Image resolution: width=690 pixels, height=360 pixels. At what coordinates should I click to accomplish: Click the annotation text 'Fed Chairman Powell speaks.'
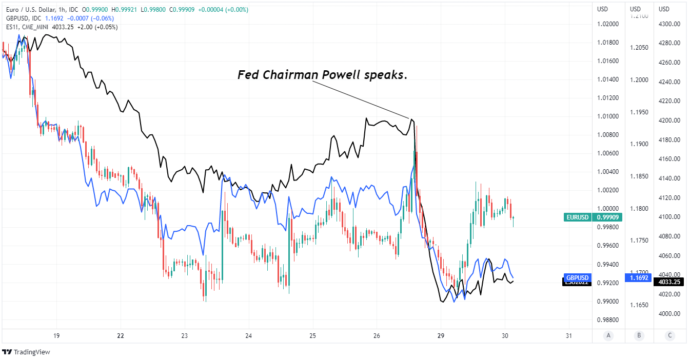322,75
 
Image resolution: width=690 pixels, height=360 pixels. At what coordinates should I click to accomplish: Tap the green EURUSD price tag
578,217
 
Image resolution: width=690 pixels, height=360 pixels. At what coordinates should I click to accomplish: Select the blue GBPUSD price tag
578,277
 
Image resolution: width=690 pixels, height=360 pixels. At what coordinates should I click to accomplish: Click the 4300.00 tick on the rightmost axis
669,24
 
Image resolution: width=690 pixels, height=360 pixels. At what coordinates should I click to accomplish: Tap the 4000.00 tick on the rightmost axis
669,314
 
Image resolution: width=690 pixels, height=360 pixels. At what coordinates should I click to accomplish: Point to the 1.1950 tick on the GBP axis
638,112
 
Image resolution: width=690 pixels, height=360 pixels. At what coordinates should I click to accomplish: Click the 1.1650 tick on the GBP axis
638,305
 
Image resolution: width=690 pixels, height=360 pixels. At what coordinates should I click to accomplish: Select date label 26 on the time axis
377,336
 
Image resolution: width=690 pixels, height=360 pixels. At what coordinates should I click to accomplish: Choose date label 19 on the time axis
56,336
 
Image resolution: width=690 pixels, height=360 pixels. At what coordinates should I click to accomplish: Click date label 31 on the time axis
568,336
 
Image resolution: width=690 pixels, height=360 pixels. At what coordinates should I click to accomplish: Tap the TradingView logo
26,352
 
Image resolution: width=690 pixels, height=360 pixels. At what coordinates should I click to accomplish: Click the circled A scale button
608,336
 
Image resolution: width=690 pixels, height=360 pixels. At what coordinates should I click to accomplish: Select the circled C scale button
670,336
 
